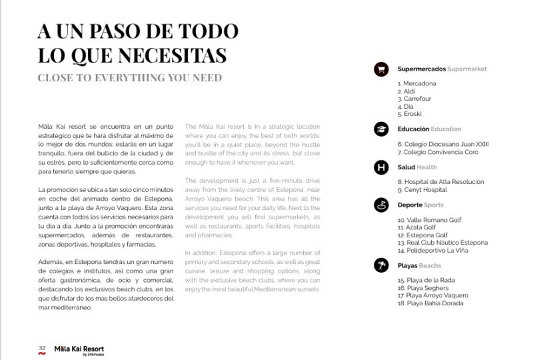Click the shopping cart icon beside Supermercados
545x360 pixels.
click(381, 69)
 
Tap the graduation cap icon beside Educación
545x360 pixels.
click(381, 129)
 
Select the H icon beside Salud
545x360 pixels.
click(381, 167)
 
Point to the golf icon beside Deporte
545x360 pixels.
click(381, 205)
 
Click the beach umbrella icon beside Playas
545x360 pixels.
click(381, 266)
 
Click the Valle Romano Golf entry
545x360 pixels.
click(429, 220)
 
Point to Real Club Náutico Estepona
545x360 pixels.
click(442, 243)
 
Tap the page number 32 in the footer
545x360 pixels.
click(41, 347)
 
